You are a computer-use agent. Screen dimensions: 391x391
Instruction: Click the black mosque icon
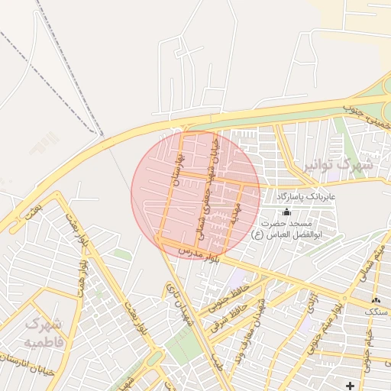coord(286,211)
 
